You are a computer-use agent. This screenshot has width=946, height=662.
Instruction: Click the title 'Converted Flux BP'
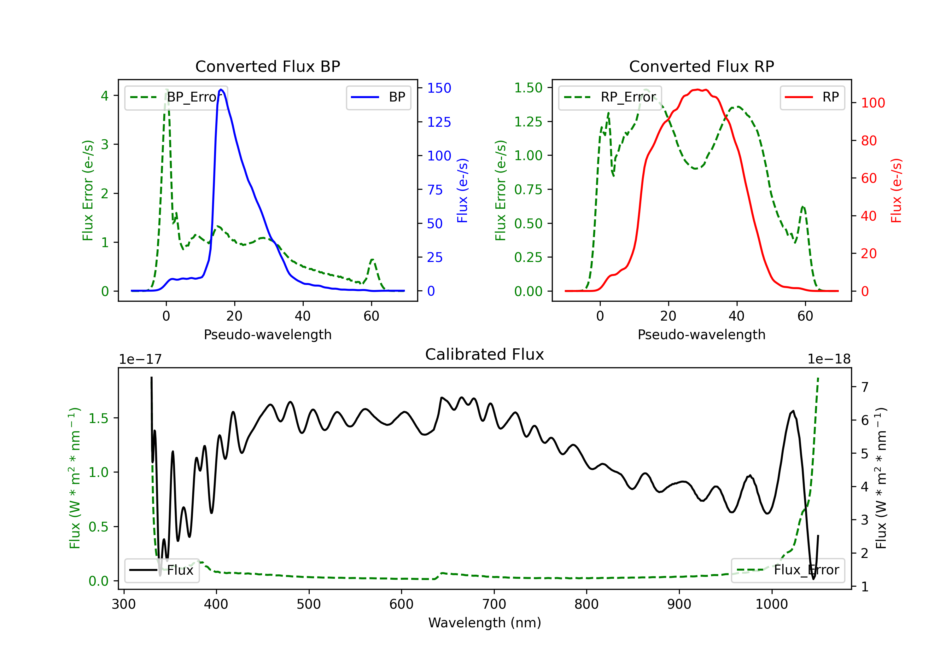[267, 66]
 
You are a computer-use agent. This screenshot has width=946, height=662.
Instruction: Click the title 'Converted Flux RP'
[701, 66]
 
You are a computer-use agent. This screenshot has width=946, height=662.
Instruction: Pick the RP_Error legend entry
[610, 97]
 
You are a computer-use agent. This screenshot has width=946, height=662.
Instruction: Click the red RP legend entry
[812, 97]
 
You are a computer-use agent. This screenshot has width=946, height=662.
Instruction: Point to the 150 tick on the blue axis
[439, 88]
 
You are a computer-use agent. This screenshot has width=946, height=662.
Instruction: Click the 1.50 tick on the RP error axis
[528, 88]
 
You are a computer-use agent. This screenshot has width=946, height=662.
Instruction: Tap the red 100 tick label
[873, 103]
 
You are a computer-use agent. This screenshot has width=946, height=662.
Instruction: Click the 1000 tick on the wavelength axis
[771, 604]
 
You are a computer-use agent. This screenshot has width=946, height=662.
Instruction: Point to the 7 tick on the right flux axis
[865, 387]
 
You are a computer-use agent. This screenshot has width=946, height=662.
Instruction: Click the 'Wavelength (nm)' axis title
[485, 623]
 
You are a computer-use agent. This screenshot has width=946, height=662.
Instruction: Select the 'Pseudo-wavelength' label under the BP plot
[267, 334]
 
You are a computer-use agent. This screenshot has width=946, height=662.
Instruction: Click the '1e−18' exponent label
[829, 359]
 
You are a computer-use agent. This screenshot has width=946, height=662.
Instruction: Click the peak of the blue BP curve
[221, 90]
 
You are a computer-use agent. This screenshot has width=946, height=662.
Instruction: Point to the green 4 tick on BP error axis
[105, 96]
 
